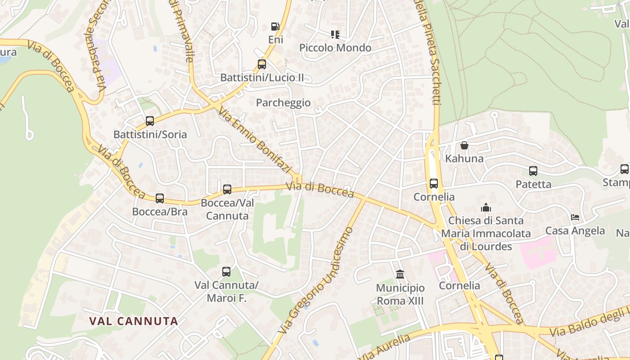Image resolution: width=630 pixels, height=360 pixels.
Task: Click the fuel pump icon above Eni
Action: pyautogui.click(x=274, y=27)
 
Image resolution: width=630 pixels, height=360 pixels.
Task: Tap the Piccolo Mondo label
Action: pyautogui.click(x=335, y=48)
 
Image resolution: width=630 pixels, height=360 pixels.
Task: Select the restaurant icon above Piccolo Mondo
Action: pyautogui.click(x=335, y=34)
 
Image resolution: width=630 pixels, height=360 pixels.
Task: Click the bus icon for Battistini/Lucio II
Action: pyautogui.click(x=262, y=64)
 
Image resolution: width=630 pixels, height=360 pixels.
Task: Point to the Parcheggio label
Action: pyautogui.click(x=283, y=103)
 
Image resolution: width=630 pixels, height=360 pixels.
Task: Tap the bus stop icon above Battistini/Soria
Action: pyautogui.click(x=150, y=121)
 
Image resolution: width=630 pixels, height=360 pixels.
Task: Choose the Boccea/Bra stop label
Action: pyautogui.click(x=159, y=211)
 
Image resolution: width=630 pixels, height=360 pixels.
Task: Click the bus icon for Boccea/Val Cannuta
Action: pyautogui.click(x=227, y=189)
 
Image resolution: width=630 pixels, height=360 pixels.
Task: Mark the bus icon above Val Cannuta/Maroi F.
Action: pyautogui.click(x=226, y=271)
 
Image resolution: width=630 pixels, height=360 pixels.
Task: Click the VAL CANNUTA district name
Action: pyautogui.click(x=134, y=321)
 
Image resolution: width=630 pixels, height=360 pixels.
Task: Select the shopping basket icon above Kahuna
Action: pyautogui.click(x=464, y=145)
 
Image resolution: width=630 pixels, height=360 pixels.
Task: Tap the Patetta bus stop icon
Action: pyautogui.click(x=533, y=171)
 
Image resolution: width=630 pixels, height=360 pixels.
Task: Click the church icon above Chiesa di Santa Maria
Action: pyautogui.click(x=486, y=207)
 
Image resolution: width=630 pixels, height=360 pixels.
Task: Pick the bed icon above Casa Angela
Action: pyautogui.click(x=575, y=217)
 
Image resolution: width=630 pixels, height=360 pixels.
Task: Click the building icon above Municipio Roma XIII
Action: pyautogui.click(x=400, y=274)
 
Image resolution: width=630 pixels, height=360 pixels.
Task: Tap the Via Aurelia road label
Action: pyautogui.click(x=386, y=347)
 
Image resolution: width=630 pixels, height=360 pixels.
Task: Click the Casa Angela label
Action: pyautogui.click(x=575, y=231)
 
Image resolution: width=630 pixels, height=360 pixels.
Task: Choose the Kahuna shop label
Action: pyautogui.click(x=464, y=158)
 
